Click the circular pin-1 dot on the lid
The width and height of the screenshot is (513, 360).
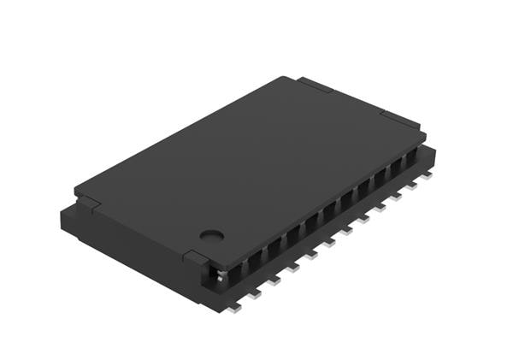(211, 233)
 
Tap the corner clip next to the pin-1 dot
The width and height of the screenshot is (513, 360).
(195, 257)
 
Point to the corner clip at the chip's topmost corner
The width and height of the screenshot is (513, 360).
(315, 84)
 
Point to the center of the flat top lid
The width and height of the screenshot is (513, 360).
(250, 168)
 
